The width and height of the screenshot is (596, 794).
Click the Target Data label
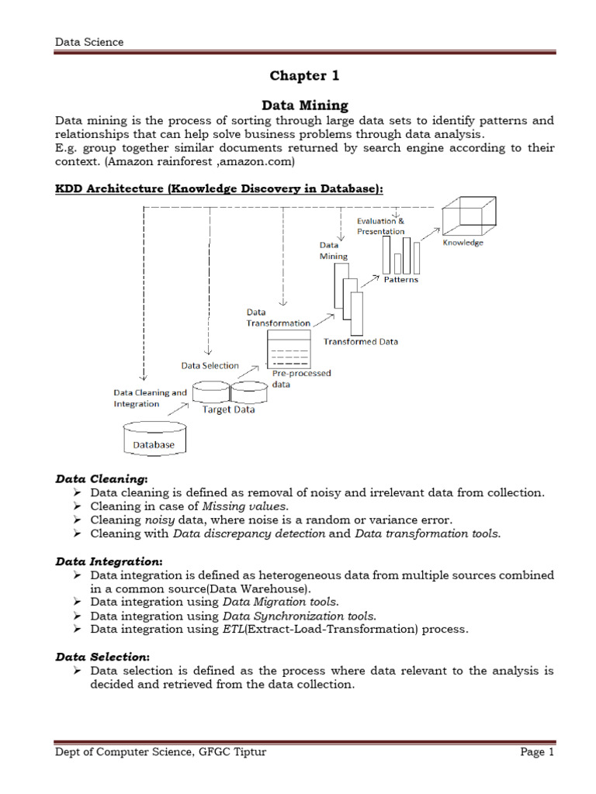228,409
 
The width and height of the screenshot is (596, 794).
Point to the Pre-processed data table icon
289,349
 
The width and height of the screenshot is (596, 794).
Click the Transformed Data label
361,341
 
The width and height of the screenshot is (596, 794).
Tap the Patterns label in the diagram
400,279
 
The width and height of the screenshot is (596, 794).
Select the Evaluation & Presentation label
380,226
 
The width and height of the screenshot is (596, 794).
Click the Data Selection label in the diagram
210,365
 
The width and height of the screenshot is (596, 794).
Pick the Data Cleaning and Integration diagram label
150,398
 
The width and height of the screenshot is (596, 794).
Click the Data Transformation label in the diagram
278,317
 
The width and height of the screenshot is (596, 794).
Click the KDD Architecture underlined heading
219,190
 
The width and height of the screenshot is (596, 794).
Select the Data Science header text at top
89,42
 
